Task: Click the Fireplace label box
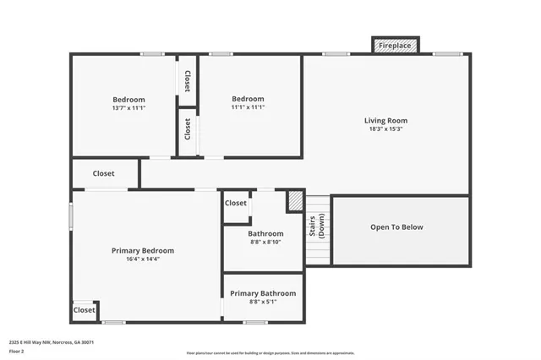pyautogui.click(x=396, y=46)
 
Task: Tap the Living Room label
pyautogui.click(x=385, y=121)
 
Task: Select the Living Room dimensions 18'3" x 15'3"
pyautogui.click(x=385, y=129)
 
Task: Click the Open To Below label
pyautogui.click(x=396, y=227)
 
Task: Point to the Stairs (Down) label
pyautogui.click(x=318, y=227)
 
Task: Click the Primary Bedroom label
pyautogui.click(x=143, y=250)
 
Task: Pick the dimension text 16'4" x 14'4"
pyautogui.click(x=143, y=259)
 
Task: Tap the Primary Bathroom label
pyautogui.click(x=263, y=293)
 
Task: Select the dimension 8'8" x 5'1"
pyautogui.click(x=263, y=302)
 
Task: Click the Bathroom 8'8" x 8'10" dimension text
pyautogui.click(x=265, y=242)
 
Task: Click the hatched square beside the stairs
pyautogui.click(x=295, y=200)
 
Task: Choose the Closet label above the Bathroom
pyautogui.click(x=236, y=203)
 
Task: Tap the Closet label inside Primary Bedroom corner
pyautogui.click(x=85, y=310)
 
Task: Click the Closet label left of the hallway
pyautogui.click(x=103, y=173)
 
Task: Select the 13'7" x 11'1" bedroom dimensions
pyautogui.click(x=128, y=108)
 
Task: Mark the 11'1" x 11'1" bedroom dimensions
pyautogui.click(x=248, y=107)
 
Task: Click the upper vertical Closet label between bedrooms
pyautogui.click(x=187, y=81)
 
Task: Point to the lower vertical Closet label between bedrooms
pyautogui.click(x=187, y=128)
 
